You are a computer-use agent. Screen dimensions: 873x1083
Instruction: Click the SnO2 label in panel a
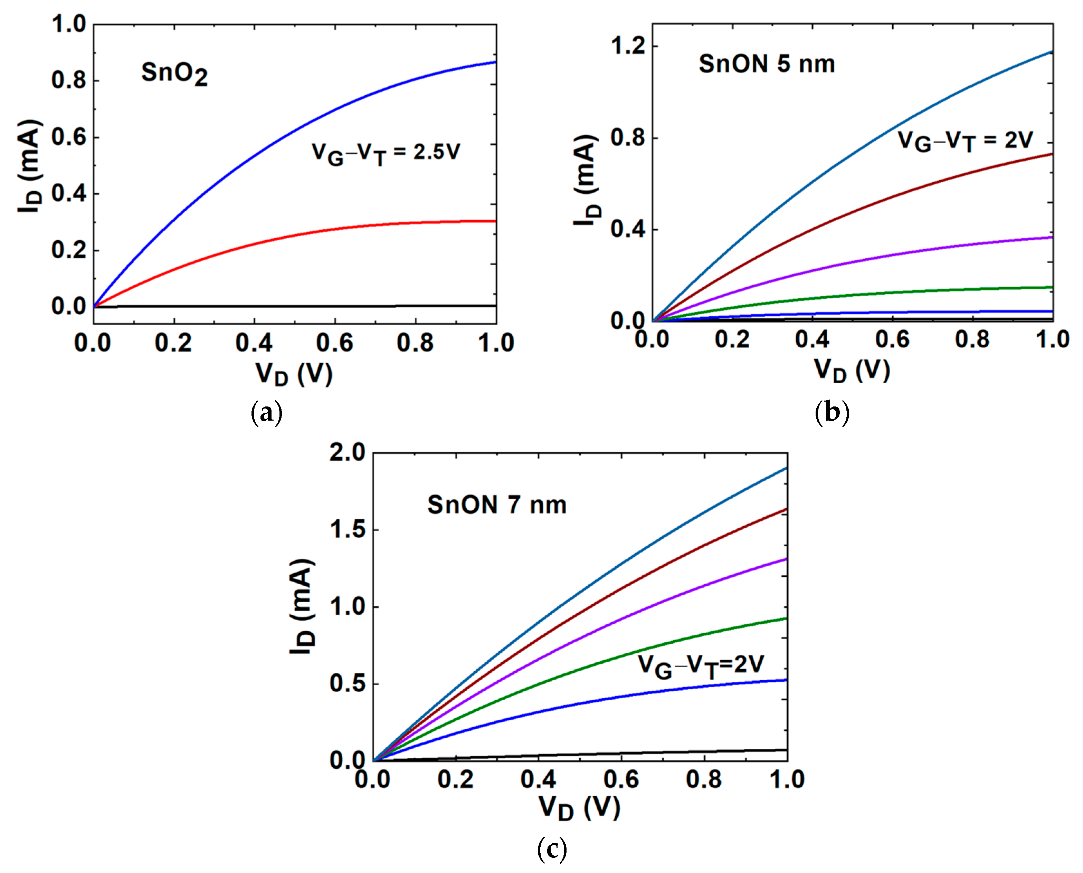click(x=174, y=74)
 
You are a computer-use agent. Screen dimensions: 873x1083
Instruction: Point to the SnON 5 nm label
click(x=767, y=64)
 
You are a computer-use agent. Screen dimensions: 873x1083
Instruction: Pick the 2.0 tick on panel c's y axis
click(x=347, y=453)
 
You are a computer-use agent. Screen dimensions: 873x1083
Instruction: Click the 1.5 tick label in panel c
click(x=347, y=530)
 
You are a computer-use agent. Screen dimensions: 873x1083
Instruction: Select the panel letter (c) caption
click(x=552, y=849)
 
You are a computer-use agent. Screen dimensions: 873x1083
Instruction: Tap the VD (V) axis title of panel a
click(x=294, y=374)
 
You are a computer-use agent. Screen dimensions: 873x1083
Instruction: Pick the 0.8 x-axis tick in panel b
click(x=972, y=340)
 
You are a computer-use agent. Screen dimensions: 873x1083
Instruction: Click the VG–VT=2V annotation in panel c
click(x=701, y=666)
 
